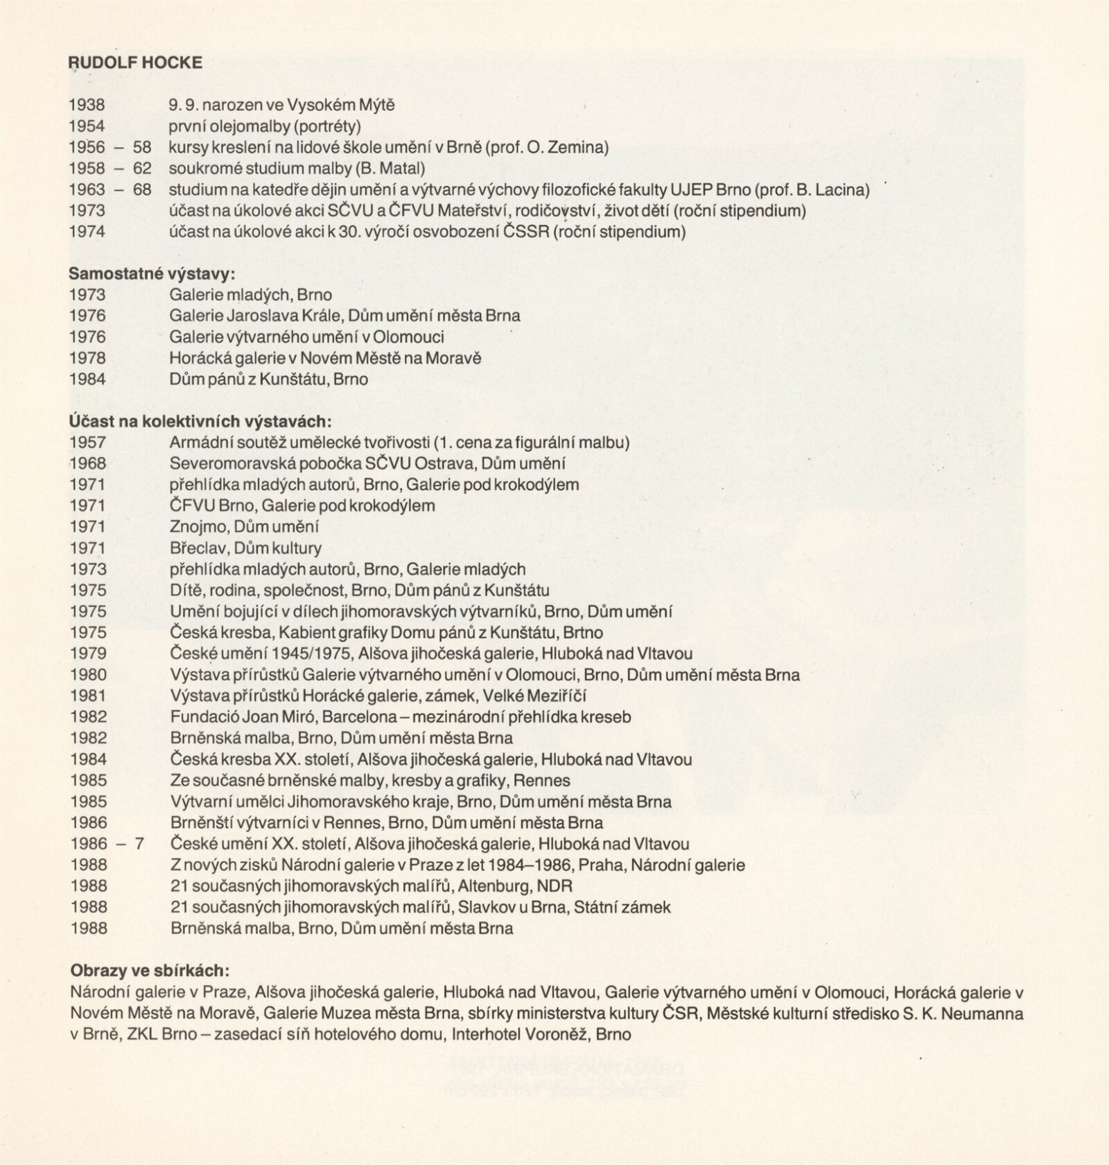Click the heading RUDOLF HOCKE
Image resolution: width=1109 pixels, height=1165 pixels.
(x=136, y=62)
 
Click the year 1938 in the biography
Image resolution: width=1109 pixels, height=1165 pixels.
(x=87, y=105)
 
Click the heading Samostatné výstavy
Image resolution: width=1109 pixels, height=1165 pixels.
(x=152, y=274)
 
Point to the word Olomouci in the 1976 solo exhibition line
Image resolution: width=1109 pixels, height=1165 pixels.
(x=408, y=337)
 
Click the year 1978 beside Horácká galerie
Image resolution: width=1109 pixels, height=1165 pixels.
(x=87, y=358)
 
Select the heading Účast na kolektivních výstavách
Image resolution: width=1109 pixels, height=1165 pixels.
(x=200, y=422)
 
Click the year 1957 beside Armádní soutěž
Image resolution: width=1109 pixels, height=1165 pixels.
(x=88, y=442)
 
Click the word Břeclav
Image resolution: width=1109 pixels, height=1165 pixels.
(x=198, y=548)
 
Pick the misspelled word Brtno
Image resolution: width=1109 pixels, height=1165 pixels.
(x=583, y=632)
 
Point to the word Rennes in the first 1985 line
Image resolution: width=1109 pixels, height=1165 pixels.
(x=542, y=780)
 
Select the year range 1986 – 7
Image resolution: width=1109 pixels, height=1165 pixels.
(x=106, y=844)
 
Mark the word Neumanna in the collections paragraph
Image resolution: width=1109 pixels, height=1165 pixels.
(x=983, y=1013)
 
